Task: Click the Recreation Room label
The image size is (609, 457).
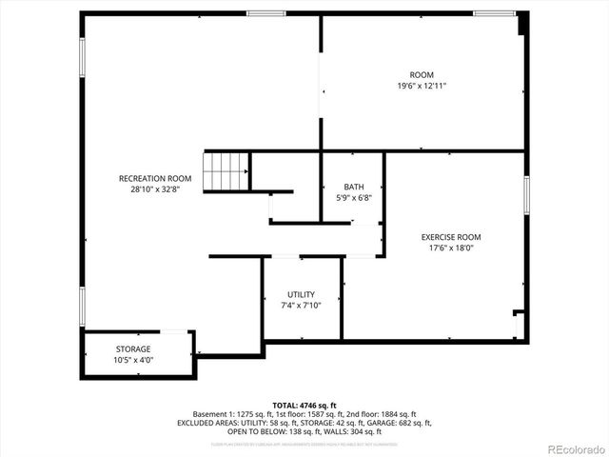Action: (x=155, y=178)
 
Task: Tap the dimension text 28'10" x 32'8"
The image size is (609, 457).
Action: (x=155, y=189)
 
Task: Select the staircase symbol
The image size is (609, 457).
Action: (x=226, y=170)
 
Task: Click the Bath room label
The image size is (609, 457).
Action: (x=354, y=187)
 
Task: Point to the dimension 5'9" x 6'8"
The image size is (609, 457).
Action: (x=354, y=197)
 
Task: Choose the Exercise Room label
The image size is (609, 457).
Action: (x=451, y=237)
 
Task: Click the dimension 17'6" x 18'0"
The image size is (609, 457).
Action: (x=451, y=248)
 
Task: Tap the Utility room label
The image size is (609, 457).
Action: (x=302, y=294)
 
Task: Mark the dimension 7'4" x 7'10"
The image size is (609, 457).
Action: (x=302, y=305)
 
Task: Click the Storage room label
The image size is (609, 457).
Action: (x=133, y=348)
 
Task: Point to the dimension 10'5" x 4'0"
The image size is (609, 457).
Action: (x=133, y=360)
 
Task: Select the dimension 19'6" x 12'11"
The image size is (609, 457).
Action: (x=422, y=86)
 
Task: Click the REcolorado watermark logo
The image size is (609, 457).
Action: (x=577, y=448)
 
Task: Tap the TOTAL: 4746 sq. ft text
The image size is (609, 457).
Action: (x=304, y=405)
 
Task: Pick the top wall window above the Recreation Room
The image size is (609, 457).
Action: (x=265, y=13)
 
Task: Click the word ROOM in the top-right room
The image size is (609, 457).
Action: (x=422, y=75)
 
